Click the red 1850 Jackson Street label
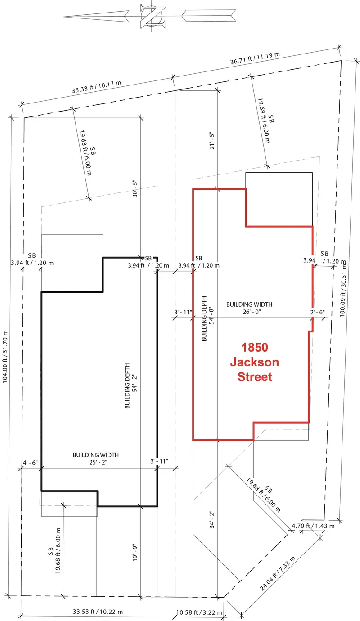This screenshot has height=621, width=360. tap(254, 362)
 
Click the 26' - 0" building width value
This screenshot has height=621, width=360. tap(249, 311)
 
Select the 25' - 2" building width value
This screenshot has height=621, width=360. tap(95, 462)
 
